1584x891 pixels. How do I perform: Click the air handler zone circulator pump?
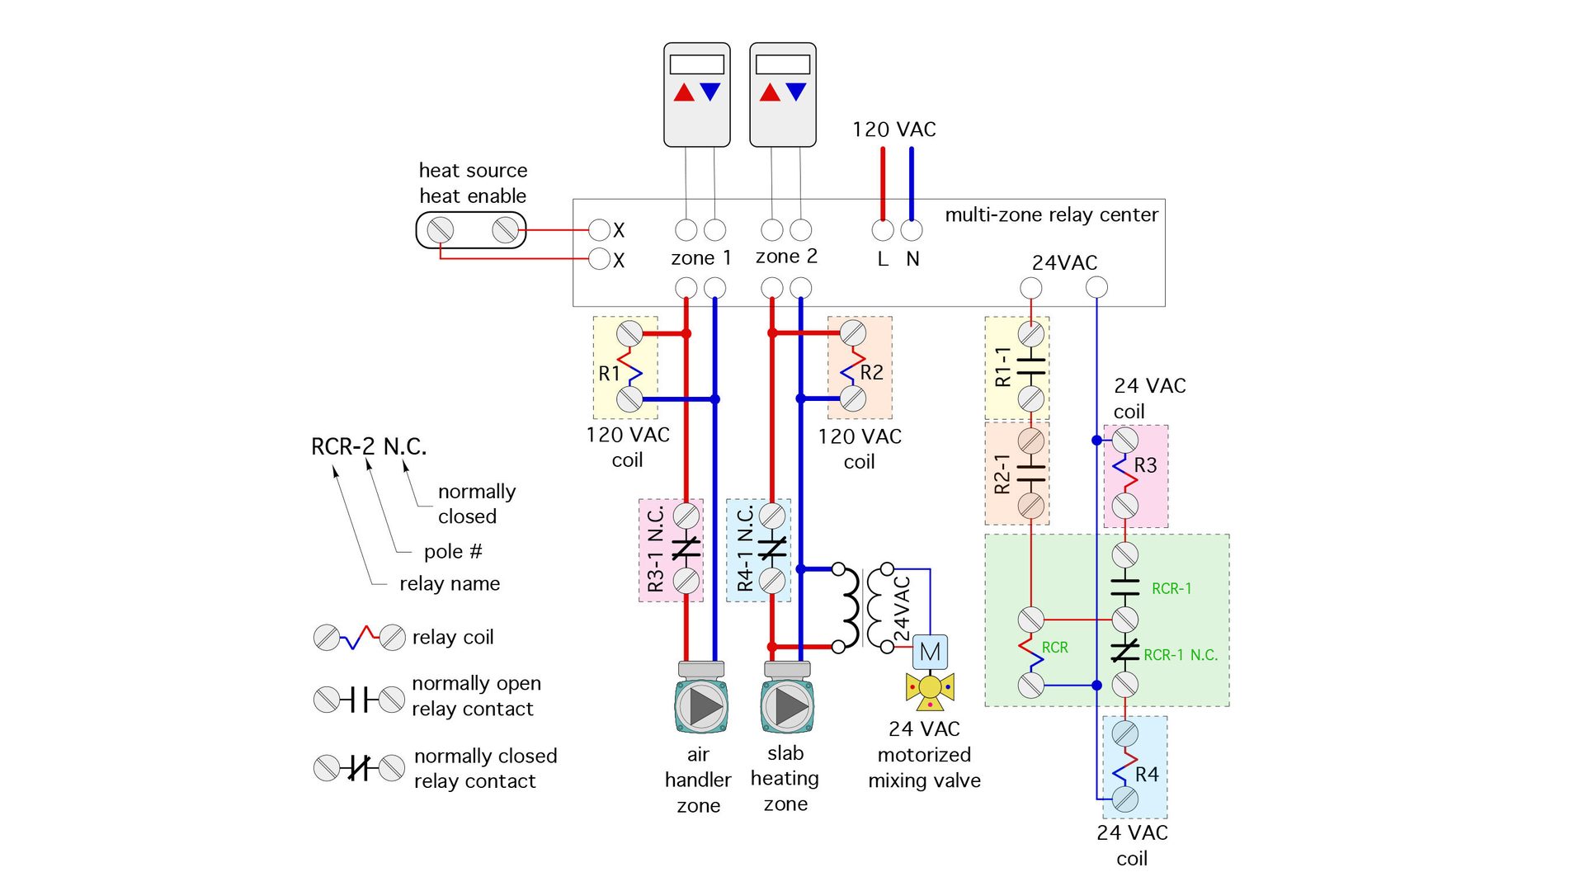tap(700, 705)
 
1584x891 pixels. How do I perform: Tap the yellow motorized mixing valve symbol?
tap(930, 689)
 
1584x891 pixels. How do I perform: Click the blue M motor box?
tap(930, 652)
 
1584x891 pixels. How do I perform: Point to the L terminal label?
tap(883, 259)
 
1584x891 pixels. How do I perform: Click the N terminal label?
tap(912, 259)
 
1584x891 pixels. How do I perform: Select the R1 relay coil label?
tap(609, 374)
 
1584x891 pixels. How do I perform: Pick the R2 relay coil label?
tap(871, 373)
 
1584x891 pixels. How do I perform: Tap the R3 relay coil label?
tap(1145, 465)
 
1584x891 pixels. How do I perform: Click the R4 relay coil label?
tap(1146, 775)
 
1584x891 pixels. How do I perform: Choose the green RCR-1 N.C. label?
tap(1180, 655)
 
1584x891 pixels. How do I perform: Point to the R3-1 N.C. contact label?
tap(656, 549)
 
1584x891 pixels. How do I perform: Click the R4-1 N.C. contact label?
tap(744, 549)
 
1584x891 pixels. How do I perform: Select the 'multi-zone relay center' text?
tap(1051, 215)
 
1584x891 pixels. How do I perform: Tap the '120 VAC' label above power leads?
tap(893, 130)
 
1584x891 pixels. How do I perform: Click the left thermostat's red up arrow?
tap(684, 92)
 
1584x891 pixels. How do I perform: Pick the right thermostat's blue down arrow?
tap(796, 92)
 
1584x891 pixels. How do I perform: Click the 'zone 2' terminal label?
tap(786, 257)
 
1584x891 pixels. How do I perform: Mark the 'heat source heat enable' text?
tap(473, 183)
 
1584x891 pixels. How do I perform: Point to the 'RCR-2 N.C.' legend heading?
tap(368, 447)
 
